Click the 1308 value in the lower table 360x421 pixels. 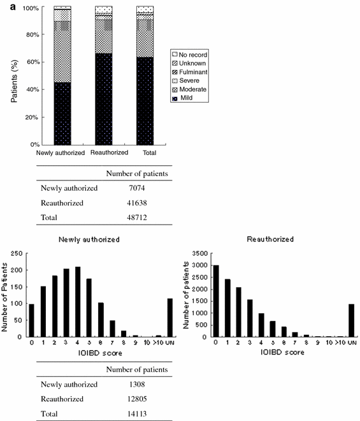tap(134, 385)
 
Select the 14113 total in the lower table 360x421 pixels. tap(134, 415)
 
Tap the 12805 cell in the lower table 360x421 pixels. tap(134, 400)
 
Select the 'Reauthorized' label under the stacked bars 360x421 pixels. tap(104, 153)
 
